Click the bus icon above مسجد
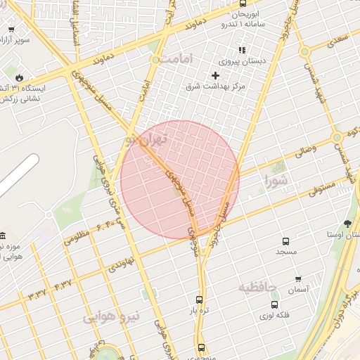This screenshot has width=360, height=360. point(285,241)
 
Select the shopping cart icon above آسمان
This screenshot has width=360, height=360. point(298,279)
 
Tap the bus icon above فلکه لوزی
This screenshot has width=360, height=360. point(274,305)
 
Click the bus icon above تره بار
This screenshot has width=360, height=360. point(200,299)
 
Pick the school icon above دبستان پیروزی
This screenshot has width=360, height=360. point(242,50)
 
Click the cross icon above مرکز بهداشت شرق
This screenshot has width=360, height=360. point(215,75)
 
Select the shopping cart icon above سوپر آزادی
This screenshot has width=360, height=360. point(11,30)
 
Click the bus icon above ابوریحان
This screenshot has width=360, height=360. point(243,4)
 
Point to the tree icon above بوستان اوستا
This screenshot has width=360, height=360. point(347,224)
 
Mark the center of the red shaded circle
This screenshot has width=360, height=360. point(180,180)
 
